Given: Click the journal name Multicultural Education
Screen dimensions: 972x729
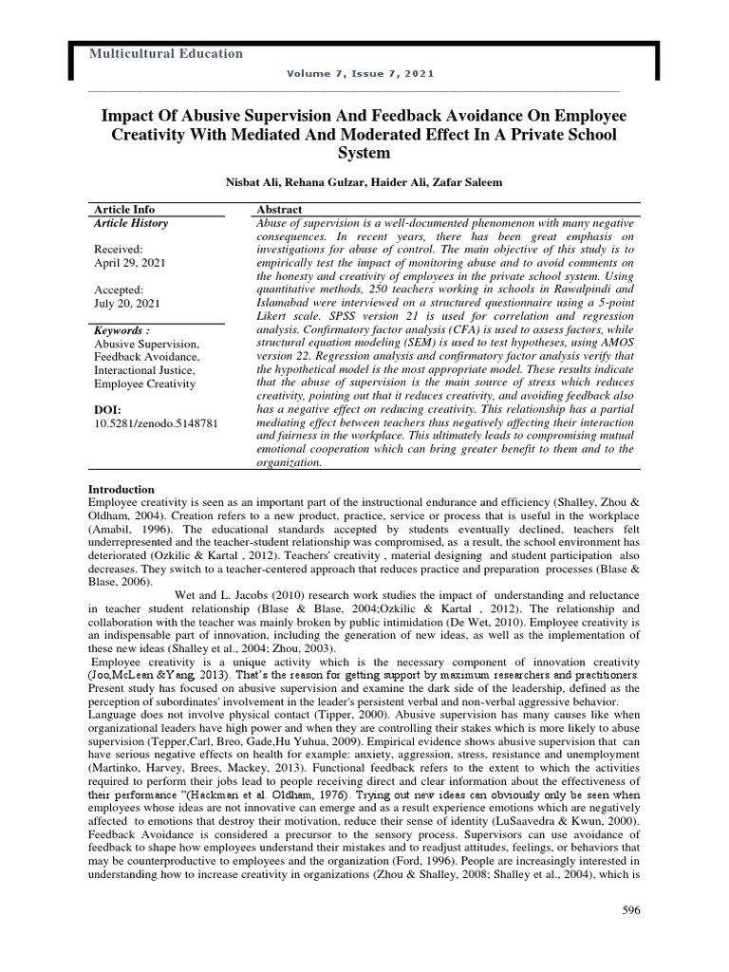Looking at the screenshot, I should (165, 54).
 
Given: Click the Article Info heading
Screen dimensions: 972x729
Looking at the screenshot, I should (123, 209).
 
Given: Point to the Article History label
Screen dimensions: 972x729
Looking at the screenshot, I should (130, 223).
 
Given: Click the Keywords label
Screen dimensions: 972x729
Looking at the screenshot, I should (122, 329).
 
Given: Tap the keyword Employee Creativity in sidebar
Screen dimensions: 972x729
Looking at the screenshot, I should (146, 383).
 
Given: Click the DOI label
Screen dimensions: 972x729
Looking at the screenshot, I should (109, 409).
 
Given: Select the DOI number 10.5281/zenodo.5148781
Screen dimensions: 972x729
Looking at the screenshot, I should (156, 422).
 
